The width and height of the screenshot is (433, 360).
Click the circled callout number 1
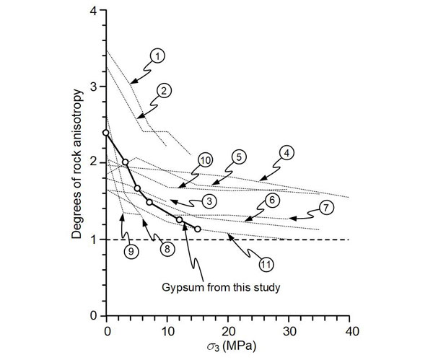click(x=159, y=56)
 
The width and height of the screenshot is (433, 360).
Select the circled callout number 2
click(x=165, y=91)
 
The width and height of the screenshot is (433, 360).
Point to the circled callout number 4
click(x=287, y=153)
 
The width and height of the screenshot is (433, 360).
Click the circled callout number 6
click(x=271, y=200)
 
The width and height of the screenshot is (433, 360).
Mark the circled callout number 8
click(x=167, y=248)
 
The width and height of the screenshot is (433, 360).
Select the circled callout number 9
click(x=131, y=252)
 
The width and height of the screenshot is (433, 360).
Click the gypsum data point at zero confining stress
click(x=107, y=133)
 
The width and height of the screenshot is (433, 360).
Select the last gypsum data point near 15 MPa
click(x=198, y=229)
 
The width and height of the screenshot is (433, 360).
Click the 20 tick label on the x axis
click(x=228, y=331)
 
